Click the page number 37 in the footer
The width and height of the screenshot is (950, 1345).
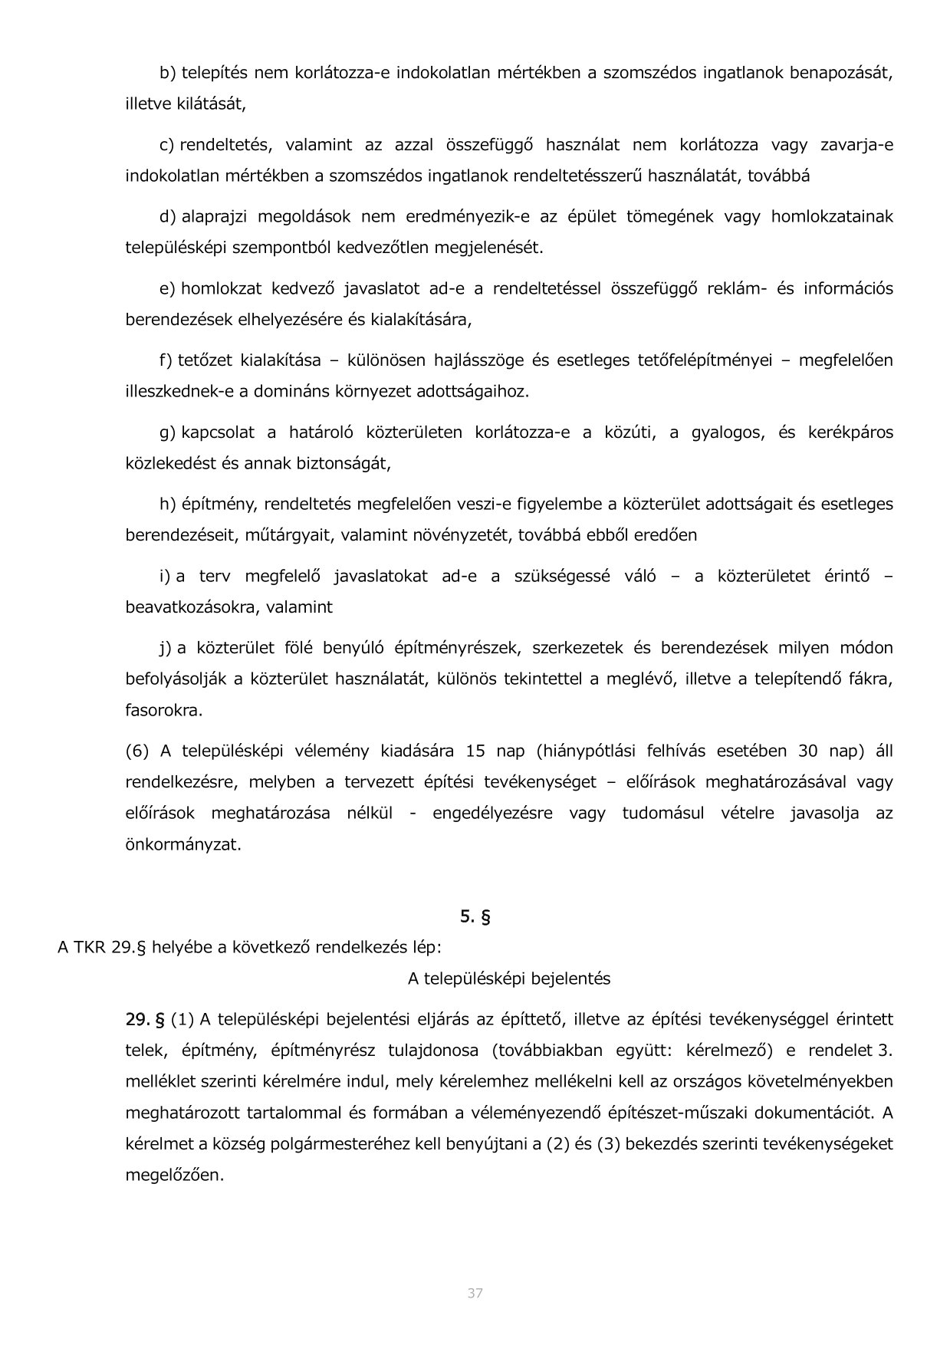tap(475, 1294)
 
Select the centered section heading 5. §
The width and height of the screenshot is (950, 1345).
tap(475, 916)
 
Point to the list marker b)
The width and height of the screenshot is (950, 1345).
tap(168, 73)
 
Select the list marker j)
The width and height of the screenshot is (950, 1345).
tap(166, 649)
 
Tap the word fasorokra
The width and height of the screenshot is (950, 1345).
tap(164, 710)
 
